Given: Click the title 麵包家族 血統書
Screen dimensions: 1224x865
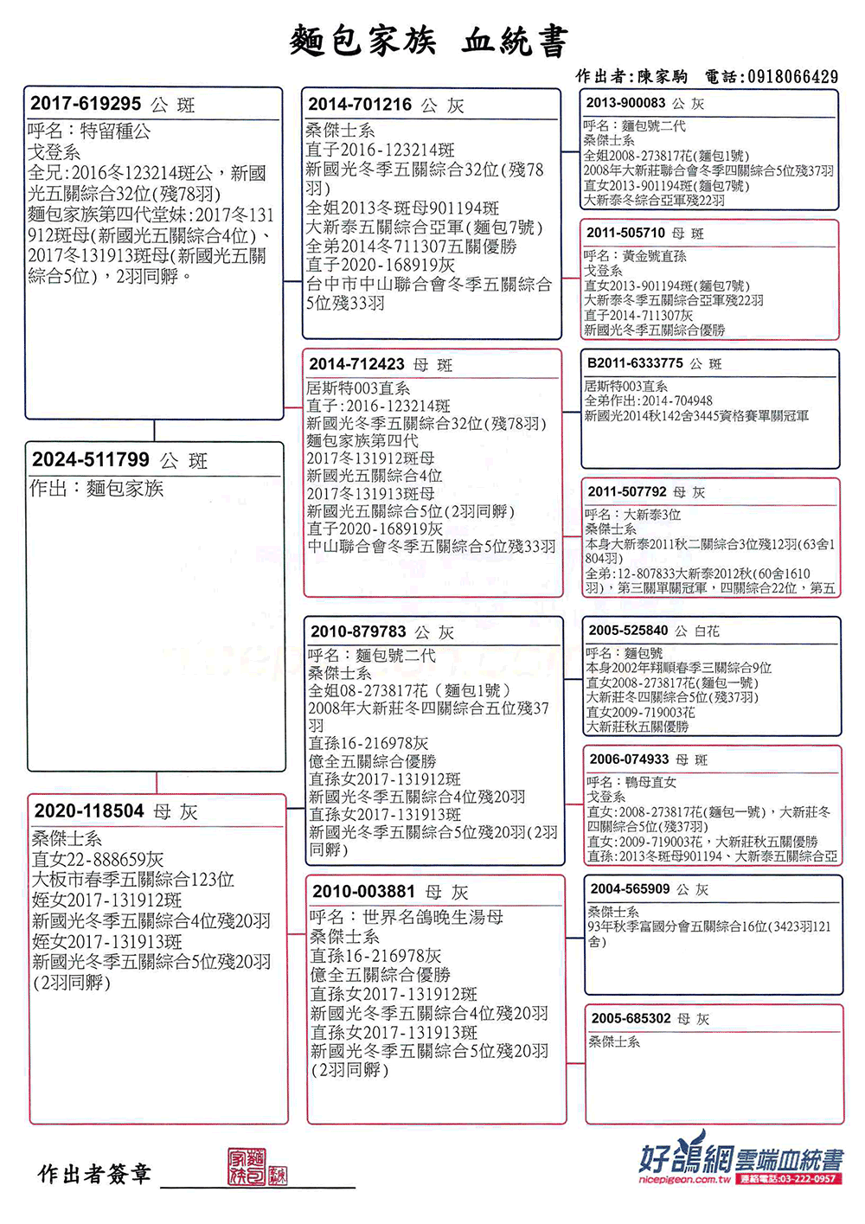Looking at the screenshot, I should [429, 41].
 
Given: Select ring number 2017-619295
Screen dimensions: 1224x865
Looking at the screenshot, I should [86, 104].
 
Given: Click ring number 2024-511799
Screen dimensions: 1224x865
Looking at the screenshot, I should [91, 459].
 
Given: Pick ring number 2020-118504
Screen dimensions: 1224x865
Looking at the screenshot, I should [89, 811].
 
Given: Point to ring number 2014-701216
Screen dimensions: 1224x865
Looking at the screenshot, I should [360, 105].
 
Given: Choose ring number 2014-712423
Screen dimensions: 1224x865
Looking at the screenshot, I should [356, 364].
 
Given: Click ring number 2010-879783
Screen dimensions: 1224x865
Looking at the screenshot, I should [358, 631].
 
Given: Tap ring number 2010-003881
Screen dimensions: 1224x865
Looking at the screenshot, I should [364, 891].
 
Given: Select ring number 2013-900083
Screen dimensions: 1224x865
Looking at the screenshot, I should [625, 103].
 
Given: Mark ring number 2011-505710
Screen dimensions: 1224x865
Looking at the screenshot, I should [625, 233].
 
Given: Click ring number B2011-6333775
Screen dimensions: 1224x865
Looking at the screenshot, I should [635, 363].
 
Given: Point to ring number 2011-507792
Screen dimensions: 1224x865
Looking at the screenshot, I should [627, 491].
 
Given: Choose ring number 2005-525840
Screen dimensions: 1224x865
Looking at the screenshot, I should [628, 631].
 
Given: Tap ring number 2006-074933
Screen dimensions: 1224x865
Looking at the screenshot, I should [629, 759].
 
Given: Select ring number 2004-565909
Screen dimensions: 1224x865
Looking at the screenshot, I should [630, 888].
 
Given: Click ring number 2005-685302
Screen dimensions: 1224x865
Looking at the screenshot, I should [631, 1018].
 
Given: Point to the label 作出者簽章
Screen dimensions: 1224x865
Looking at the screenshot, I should [94, 1173].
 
